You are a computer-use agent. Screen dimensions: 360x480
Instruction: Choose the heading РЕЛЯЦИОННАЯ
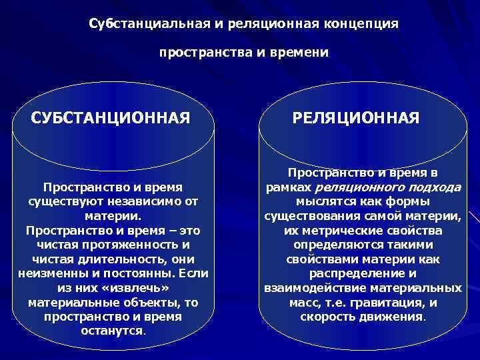356,119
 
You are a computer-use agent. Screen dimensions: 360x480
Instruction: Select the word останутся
111,331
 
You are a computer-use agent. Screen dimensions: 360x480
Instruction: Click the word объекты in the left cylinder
147,303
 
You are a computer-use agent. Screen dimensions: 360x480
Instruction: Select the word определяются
335,245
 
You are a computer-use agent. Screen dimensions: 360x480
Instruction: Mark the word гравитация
393,303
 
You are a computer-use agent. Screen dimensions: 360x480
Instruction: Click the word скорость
327,317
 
